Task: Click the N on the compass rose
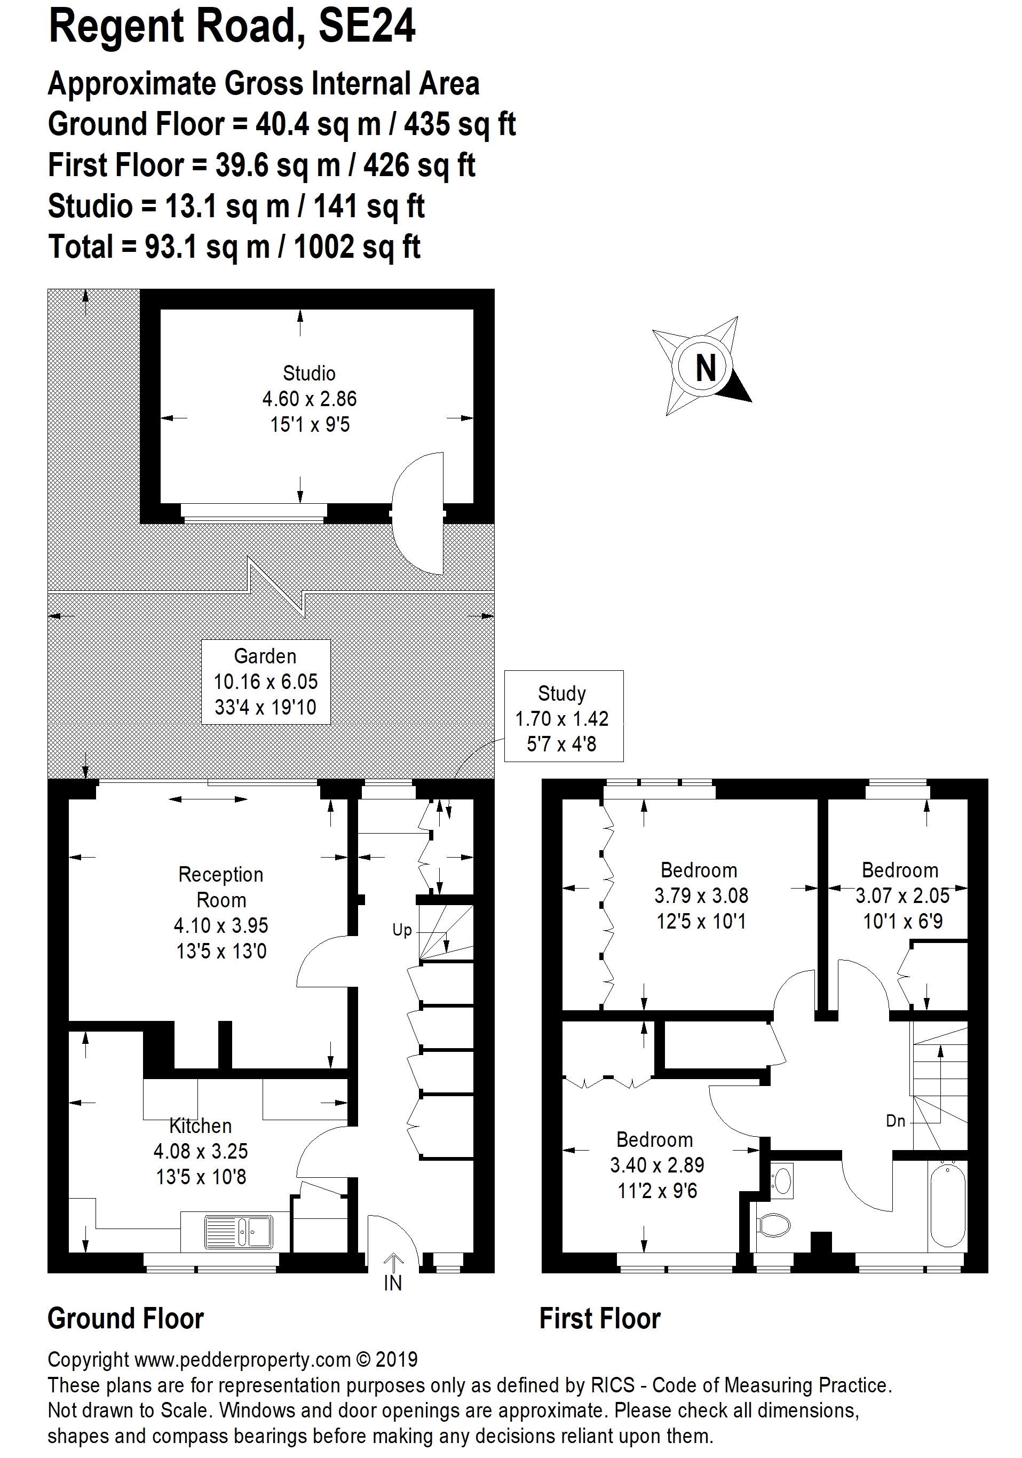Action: pyautogui.click(x=706, y=367)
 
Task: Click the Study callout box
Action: pyautogui.click(x=564, y=716)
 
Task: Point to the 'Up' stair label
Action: pyautogui.click(x=402, y=930)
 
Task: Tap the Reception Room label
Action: pyautogui.click(x=221, y=887)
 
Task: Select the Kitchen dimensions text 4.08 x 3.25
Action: pyautogui.click(x=201, y=1151)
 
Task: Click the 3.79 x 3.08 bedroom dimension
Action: pyautogui.click(x=701, y=896)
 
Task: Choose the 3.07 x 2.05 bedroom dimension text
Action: pyautogui.click(x=902, y=896)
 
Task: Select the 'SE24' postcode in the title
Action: pyautogui.click(x=367, y=27)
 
